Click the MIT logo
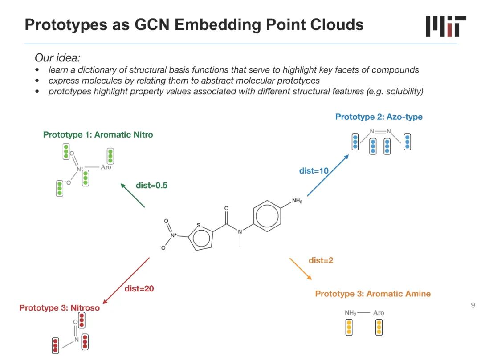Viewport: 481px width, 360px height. click(445, 26)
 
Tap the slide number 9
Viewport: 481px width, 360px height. click(473, 305)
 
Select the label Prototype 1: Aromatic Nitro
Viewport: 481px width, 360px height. click(98, 134)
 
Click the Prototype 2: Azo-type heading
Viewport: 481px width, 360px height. click(379, 117)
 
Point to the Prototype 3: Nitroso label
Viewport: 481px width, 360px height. click(60, 308)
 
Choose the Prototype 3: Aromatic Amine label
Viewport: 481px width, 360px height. click(373, 294)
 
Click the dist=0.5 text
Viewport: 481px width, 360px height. click(151, 186)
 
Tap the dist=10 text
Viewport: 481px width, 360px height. click(314, 171)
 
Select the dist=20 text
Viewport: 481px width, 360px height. click(139, 289)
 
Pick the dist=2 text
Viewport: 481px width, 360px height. click(321, 260)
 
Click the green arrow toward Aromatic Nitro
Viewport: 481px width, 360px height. click(133, 195)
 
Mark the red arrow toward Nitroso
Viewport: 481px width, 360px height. click(126, 279)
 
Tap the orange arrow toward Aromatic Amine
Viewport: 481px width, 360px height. click(301, 268)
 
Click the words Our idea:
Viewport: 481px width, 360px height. click(57, 58)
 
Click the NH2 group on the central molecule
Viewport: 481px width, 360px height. click(297, 202)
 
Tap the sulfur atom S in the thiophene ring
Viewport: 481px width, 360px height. click(199, 225)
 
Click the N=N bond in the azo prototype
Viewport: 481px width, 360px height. click(380, 131)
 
